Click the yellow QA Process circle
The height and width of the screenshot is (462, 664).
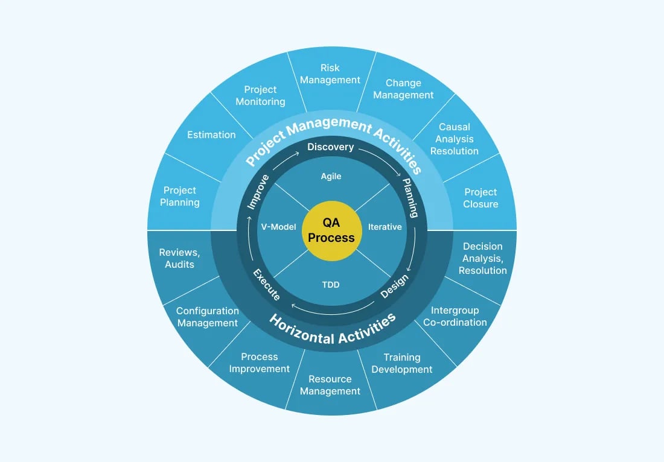click(331, 231)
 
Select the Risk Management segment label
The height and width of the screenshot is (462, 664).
click(330, 74)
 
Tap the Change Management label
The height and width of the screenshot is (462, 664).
click(403, 89)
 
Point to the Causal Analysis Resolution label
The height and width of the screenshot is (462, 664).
click(455, 139)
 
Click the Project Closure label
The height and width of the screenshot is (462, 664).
click(480, 198)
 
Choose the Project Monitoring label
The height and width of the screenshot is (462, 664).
click(260, 95)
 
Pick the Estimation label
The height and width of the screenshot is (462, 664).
click(211, 134)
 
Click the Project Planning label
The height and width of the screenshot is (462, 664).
click(180, 196)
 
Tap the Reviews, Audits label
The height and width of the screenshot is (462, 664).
click(179, 258)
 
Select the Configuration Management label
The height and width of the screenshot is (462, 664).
click(208, 317)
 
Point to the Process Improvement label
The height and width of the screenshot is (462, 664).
click(260, 362)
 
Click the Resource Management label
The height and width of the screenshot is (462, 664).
click(330, 385)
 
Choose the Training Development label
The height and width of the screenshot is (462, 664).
click(402, 363)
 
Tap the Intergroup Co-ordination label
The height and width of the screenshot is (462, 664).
click(455, 316)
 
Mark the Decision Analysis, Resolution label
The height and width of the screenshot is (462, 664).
click(482, 258)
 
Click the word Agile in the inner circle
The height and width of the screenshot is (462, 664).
click(331, 176)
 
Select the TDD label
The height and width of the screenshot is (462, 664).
click(331, 284)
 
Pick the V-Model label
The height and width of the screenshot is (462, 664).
click(278, 227)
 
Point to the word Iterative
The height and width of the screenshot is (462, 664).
click(385, 227)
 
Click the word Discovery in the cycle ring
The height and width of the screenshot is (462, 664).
click(331, 147)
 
